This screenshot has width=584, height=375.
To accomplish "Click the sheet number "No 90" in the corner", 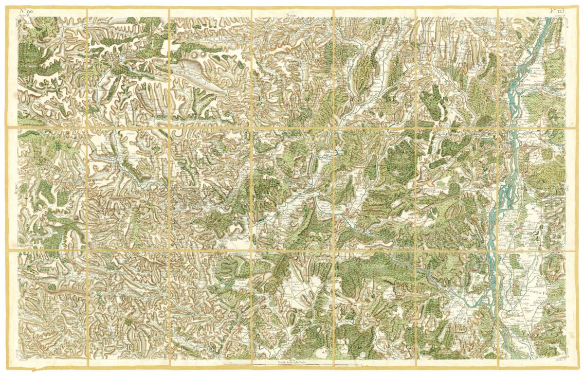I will pyautogui.click(x=27, y=11).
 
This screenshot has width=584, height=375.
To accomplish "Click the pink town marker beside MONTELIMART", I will pyautogui.click(x=511, y=88).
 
